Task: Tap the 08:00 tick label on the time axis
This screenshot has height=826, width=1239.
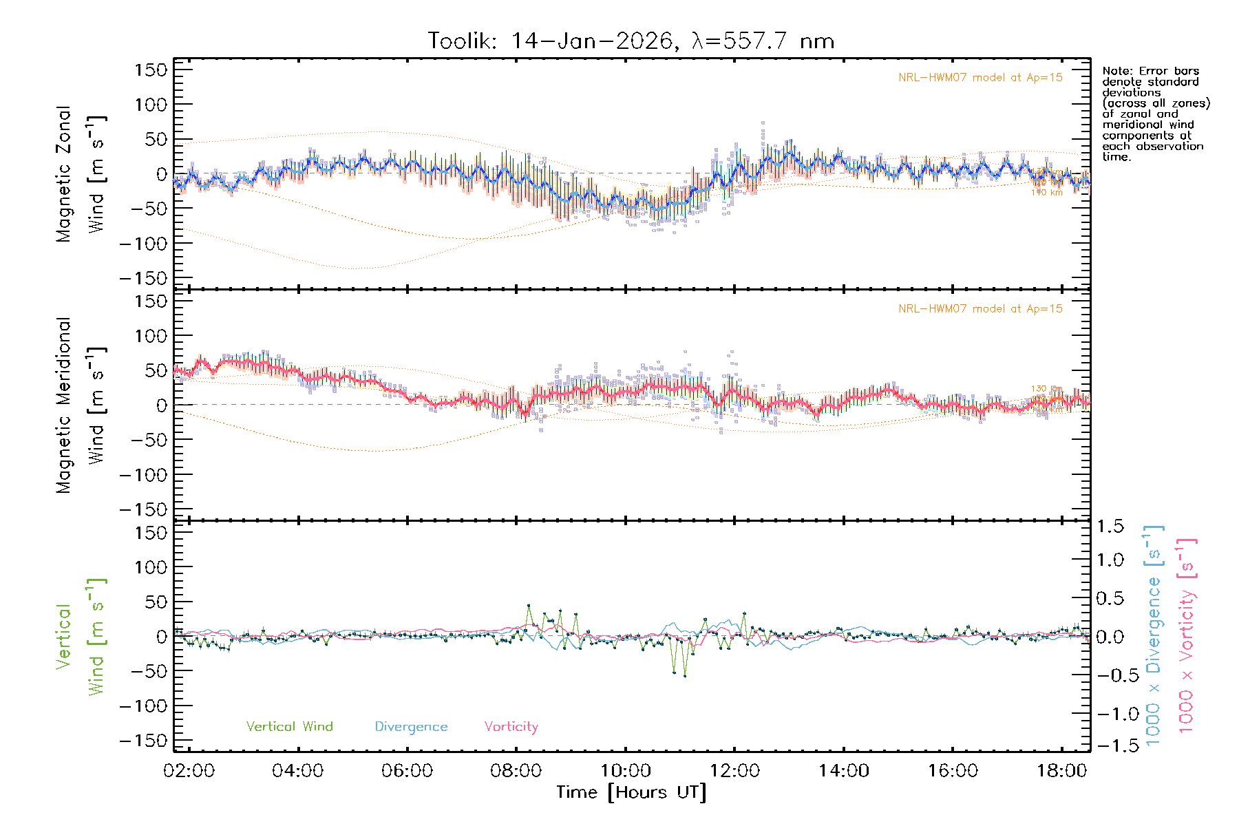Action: [x=516, y=771]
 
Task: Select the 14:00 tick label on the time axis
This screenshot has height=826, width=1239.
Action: [x=843, y=771]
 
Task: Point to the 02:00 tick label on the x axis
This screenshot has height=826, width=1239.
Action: [x=189, y=771]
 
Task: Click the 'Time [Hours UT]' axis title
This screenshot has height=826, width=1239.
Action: [x=631, y=792]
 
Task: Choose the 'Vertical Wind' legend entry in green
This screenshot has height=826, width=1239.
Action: [x=289, y=726]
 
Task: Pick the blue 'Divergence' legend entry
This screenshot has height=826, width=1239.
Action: [x=411, y=726]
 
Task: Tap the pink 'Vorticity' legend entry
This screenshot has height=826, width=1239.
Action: [x=511, y=726]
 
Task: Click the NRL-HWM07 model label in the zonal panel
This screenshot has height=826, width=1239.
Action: [x=980, y=78]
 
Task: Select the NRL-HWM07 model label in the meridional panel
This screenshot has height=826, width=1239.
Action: [x=980, y=309]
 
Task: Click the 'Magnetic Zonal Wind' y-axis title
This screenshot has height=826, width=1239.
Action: [x=81, y=174]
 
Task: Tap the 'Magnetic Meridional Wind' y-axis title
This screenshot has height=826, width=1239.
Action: [x=81, y=405]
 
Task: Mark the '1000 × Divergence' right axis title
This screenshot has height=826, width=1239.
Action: [x=1154, y=635]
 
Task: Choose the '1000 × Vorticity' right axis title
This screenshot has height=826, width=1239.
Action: [x=1187, y=635]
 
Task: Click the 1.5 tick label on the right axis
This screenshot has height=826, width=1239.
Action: [x=1110, y=527]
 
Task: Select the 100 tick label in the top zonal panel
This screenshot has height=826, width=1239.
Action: [x=151, y=105]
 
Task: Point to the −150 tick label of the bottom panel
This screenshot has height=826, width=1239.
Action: [x=143, y=741]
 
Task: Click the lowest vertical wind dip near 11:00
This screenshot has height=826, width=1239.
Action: [x=685, y=676]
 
